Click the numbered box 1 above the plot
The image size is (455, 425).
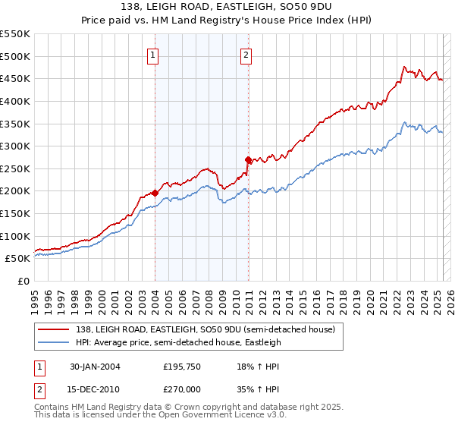coord(154,54)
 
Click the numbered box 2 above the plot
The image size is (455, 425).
coord(247,54)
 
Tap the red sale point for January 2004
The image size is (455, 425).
coord(155,193)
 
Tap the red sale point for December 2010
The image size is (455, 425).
coord(248,159)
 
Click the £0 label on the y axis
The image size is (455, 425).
coord(23,281)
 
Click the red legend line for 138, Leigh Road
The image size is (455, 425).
coord(53,330)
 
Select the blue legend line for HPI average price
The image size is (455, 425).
coord(53,342)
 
